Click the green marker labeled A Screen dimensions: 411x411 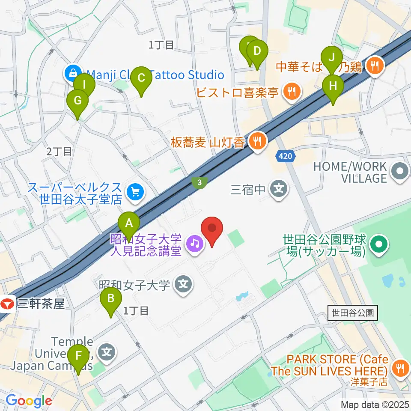(129, 223)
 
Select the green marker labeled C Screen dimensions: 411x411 (141, 78)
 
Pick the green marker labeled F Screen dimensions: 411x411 (78, 356)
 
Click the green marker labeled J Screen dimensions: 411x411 (332, 57)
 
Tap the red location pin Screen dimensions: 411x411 (212, 229)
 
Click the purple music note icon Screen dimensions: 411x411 (195, 243)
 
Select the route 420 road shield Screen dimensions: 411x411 (286, 157)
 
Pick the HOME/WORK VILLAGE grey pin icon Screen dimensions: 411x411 (400, 173)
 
